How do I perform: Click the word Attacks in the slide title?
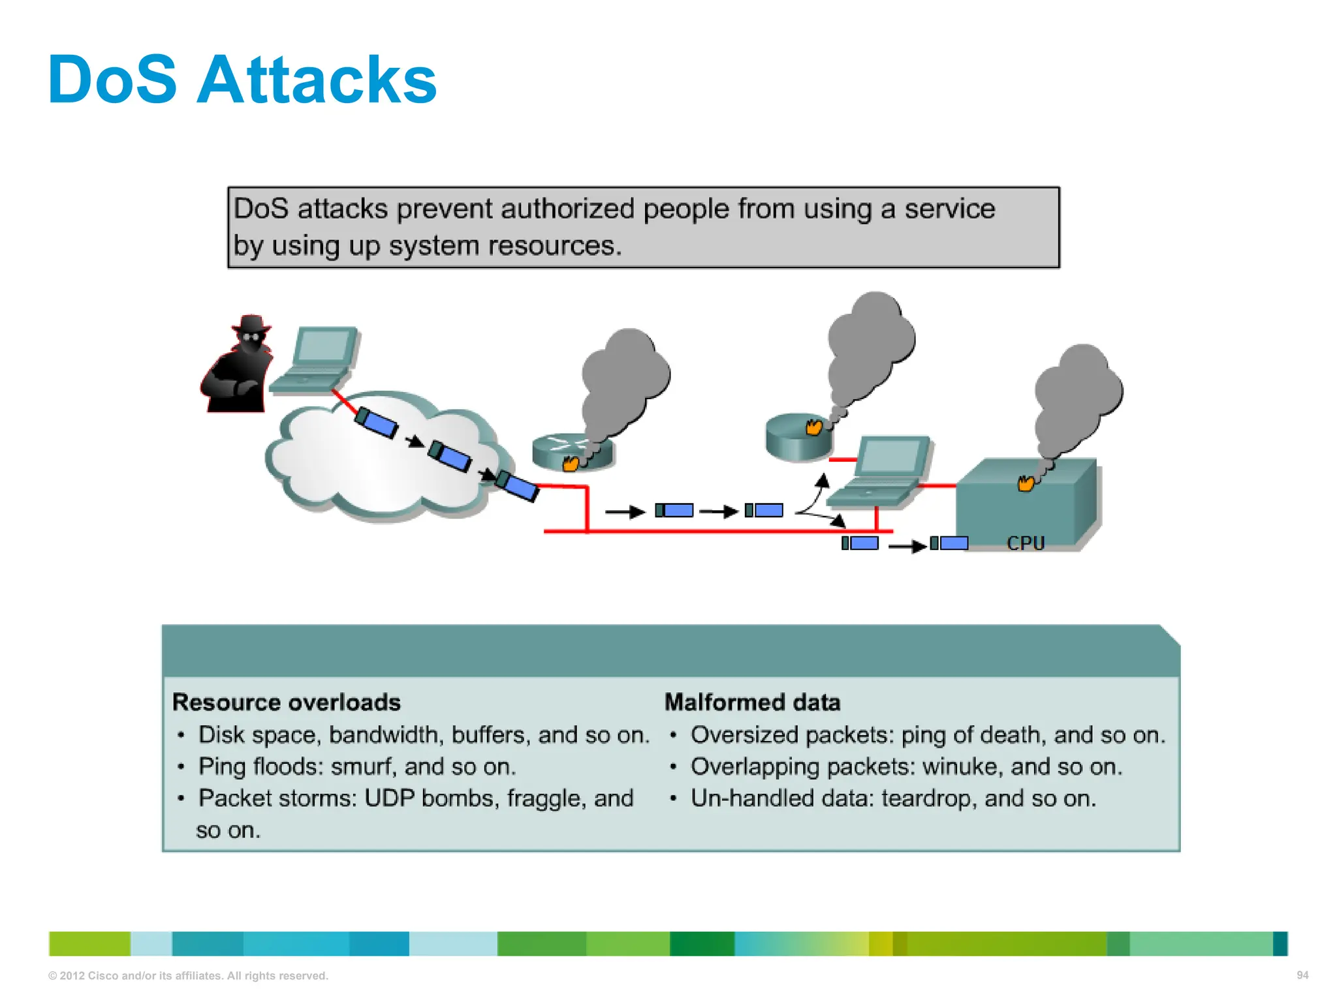pos(316,80)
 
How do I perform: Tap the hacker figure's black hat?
pos(251,324)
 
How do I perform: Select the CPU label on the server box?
pos(1025,543)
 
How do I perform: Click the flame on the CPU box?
pos(1026,483)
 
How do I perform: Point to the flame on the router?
pos(571,463)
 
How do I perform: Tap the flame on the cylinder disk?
pos(813,427)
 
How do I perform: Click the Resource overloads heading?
pos(286,702)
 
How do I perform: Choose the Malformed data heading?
pos(752,702)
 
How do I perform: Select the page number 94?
pos(1302,975)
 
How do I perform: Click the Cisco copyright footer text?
pos(188,976)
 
